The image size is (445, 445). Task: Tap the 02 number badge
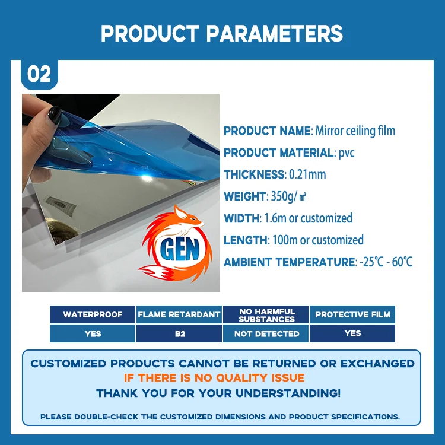(39, 75)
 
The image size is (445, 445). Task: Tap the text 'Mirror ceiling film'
(355, 131)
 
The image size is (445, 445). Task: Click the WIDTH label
(241, 218)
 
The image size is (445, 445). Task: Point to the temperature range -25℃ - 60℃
(385, 262)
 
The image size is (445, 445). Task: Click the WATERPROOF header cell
(93, 314)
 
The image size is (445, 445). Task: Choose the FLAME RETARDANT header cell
(179, 314)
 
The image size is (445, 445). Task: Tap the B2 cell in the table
(179, 333)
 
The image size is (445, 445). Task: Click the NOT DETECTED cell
(266, 333)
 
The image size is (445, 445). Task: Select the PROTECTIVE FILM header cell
(352, 314)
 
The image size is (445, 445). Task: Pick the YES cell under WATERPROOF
(93, 333)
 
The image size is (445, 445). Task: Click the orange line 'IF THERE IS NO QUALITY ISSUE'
(214, 378)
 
